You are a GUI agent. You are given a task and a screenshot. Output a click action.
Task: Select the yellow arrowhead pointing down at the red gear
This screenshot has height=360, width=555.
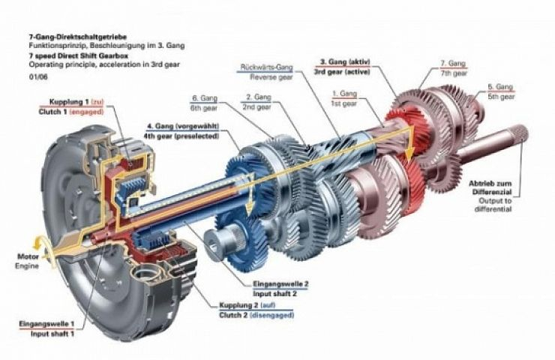[x=409, y=154]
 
